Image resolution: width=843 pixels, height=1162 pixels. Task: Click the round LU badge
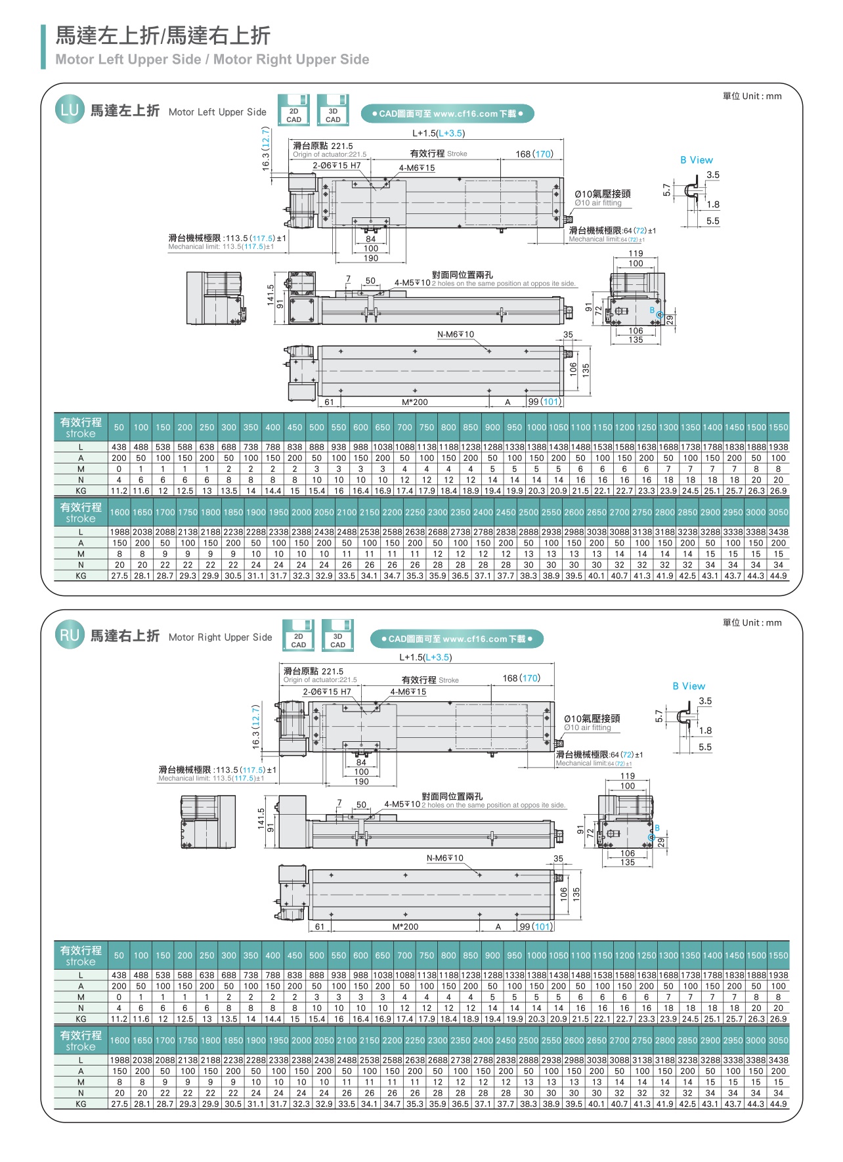click(69, 110)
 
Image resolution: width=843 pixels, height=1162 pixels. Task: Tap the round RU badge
click(70, 635)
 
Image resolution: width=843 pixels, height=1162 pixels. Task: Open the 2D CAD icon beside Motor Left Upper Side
click(293, 110)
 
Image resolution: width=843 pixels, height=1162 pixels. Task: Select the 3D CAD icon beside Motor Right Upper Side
click(337, 635)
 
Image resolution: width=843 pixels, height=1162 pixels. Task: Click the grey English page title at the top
click(212, 60)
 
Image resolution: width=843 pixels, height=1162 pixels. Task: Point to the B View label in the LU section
click(696, 160)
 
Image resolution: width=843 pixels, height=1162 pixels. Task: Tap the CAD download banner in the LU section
click(447, 114)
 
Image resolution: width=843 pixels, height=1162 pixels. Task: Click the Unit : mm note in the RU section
click(752, 622)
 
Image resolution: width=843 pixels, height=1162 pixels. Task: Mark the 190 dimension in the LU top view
click(371, 258)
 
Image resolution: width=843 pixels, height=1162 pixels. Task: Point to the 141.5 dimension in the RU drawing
click(261, 819)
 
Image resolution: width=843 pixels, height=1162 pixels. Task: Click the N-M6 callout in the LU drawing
click(455, 334)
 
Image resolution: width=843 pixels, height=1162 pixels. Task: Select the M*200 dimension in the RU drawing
click(405, 926)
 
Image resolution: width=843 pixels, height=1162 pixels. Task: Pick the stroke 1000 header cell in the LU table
click(536, 427)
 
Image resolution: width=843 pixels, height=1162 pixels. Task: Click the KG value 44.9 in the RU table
click(778, 1104)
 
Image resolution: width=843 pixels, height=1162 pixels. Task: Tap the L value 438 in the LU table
click(119, 446)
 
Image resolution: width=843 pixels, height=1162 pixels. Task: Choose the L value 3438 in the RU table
click(778, 1060)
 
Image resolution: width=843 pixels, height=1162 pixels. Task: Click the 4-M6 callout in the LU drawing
click(417, 168)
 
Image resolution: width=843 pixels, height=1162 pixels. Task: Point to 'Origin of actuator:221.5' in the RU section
click(320, 679)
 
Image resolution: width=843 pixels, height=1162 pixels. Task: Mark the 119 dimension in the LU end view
click(636, 253)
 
